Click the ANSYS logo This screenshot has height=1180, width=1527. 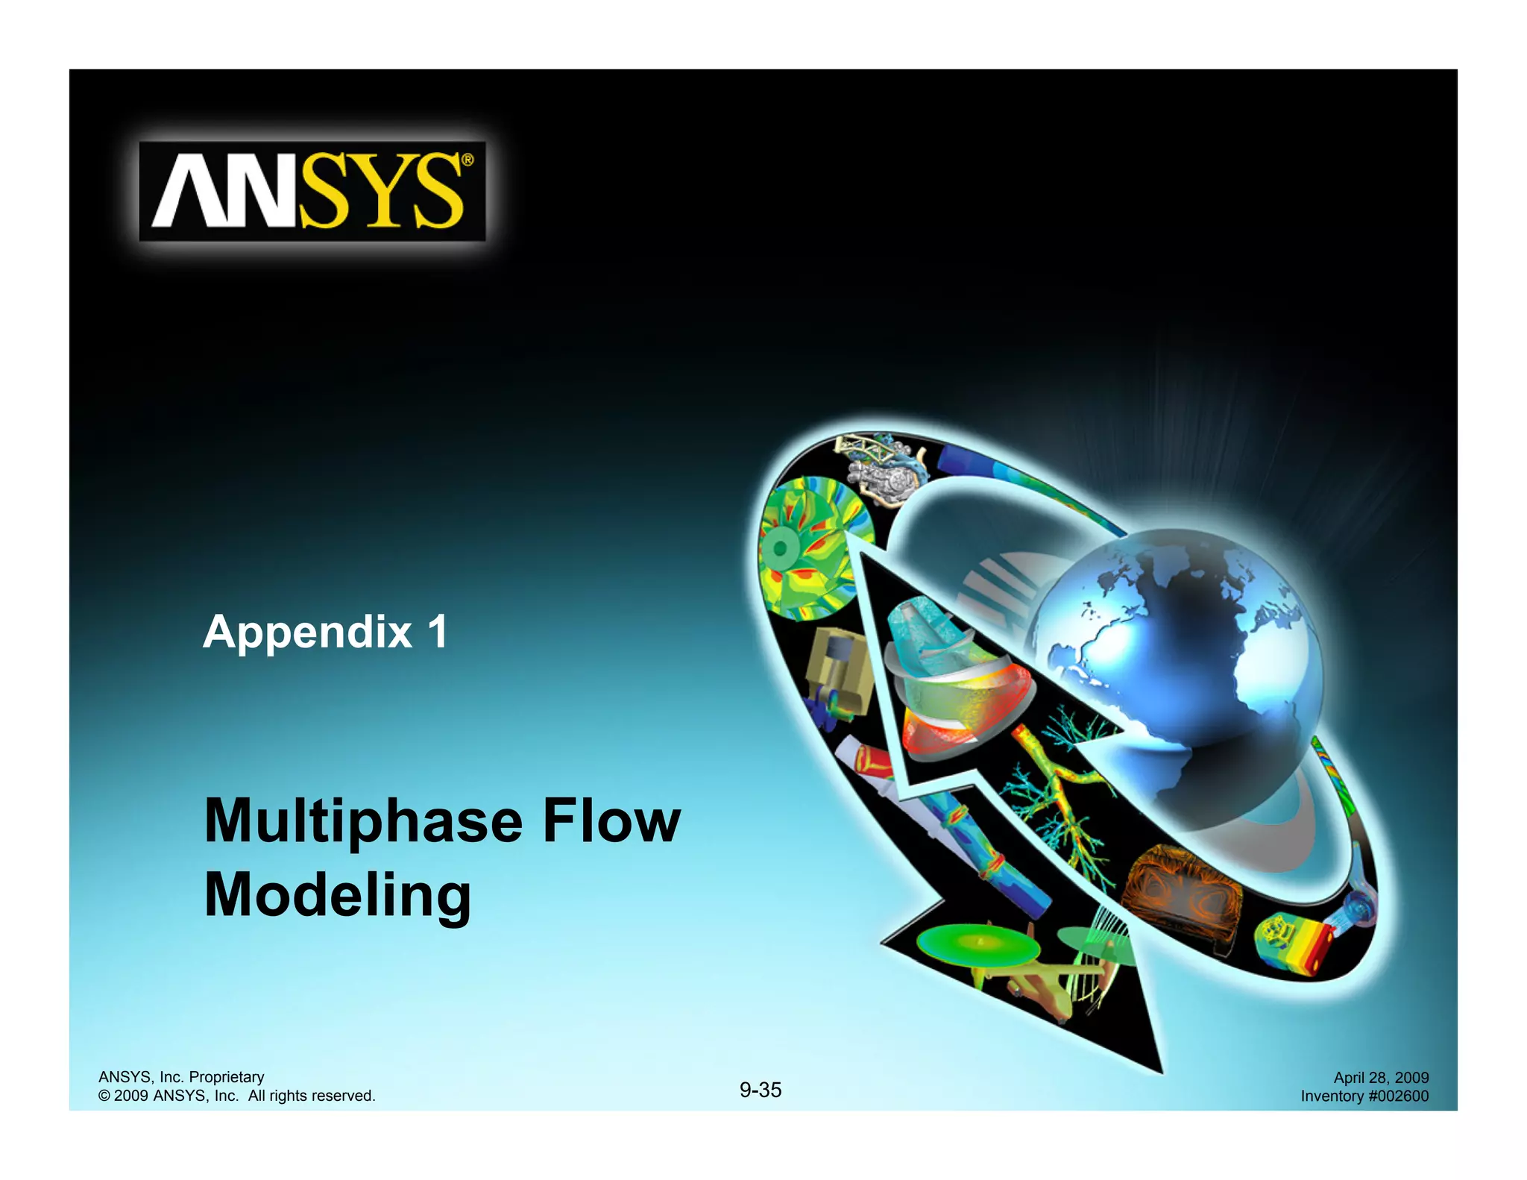[312, 191]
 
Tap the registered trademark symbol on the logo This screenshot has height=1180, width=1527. [467, 159]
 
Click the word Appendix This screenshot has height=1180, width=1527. [307, 632]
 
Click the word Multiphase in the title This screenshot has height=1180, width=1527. [363, 822]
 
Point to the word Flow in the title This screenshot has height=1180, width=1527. [611, 820]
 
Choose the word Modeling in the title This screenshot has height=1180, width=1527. [337, 896]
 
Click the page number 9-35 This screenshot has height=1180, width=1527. [761, 1090]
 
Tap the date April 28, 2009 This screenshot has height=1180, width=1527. [1381, 1077]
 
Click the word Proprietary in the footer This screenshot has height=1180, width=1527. [227, 1076]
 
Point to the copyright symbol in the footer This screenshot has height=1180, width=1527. [104, 1096]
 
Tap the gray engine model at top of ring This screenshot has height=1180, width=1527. [884, 470]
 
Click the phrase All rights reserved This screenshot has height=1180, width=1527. [312, 1096]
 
